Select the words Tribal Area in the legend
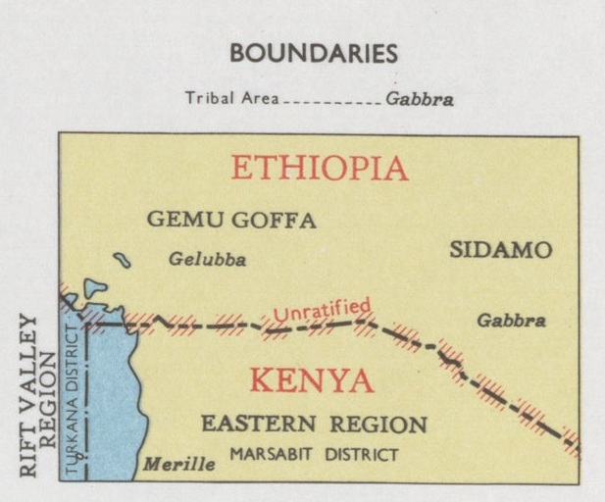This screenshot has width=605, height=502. pyautogui.click(x=231, y=99)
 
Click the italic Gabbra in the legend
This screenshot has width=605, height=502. pyautogui.click(x=420, y=99)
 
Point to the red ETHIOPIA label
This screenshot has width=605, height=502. pyautogui.click(x=319, y=169)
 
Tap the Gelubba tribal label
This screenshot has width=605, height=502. pyautogui.click(x=207, y=260)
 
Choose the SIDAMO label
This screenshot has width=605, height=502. pyautogui.click(x=500, y=250)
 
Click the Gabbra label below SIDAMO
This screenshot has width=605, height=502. pyautogui.click(x=511, y=321)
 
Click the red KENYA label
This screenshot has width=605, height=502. pyautogui.click(x=310, y=380)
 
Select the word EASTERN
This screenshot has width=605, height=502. pyautogui.click(x=259, y=425)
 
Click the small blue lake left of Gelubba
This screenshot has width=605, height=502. pyautogui.click(x=122, y=260)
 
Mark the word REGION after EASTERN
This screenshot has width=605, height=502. pyautogui.click(x=378, y=425)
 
